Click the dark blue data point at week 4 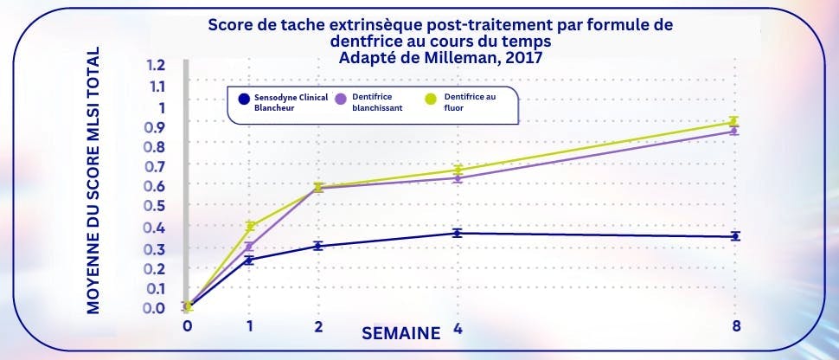tap(457, 233)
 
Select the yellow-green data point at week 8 tap(733, 122)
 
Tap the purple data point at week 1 tap(249, 247)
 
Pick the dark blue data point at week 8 tap(734, 236)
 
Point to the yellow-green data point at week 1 tap(250, 226)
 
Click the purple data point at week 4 tap(457, 178)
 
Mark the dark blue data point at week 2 tap(318, 246)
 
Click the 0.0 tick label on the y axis tap(156, 307)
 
